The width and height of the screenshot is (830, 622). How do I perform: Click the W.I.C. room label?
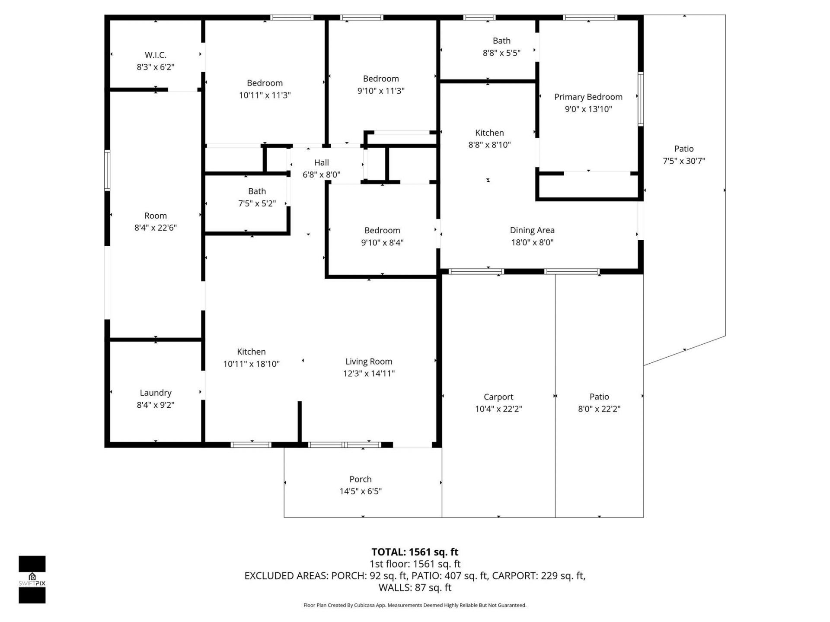155,55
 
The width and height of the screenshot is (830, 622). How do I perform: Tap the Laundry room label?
155,393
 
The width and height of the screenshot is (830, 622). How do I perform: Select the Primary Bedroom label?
588,97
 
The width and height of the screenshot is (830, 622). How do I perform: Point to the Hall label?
321,162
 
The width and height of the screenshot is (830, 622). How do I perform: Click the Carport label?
498,397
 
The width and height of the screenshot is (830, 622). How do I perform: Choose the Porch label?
360,479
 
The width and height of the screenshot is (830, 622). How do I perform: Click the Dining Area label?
532,230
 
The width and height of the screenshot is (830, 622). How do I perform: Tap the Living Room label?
368,361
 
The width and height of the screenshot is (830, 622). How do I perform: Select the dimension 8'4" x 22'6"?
155,228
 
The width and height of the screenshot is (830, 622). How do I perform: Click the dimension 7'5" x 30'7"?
683,161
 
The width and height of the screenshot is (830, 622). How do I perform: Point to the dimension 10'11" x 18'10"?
251,364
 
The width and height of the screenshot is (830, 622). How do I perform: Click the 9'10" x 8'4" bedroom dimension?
382,242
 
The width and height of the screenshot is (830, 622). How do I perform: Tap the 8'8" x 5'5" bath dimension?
501,53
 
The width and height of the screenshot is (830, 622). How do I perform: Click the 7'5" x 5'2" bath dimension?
257,203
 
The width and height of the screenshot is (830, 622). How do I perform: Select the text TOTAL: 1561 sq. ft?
415,552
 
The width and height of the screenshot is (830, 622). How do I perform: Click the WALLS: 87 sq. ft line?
415,587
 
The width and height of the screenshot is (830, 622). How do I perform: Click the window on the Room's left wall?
107,170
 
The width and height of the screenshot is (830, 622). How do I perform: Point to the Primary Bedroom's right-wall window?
641,99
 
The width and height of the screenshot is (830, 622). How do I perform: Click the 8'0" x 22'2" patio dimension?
599,409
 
